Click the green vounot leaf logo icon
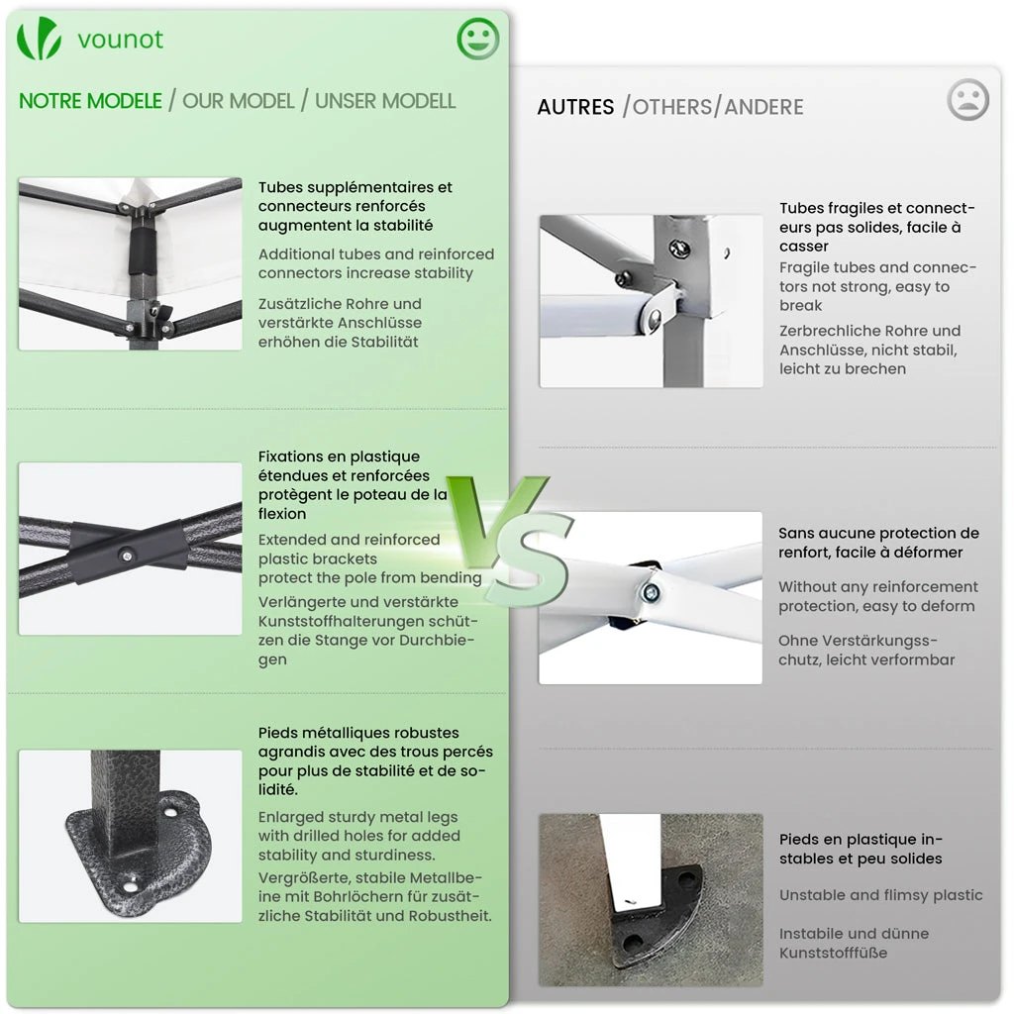pos(39,39)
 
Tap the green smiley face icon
pos(478,39)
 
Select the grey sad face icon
pos(967,100)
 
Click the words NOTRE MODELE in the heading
pos(90,101)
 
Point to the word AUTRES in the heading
pos(575,107)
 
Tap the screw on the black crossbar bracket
pos(127,556)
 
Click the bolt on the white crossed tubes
pos(651,592)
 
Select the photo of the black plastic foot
pos(651,899)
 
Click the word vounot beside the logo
pos(120,40)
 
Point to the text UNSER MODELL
pos(385,101)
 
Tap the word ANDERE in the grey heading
pos(763,107)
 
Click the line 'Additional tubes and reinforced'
pos(376,254)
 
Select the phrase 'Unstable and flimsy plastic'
pos(880,895)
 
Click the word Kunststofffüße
pos(833,953)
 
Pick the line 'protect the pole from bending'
pos(370,577)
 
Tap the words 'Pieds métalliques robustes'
pos(358,733)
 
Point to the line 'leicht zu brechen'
pos(843,368)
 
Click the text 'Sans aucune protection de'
pos(879,533)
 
